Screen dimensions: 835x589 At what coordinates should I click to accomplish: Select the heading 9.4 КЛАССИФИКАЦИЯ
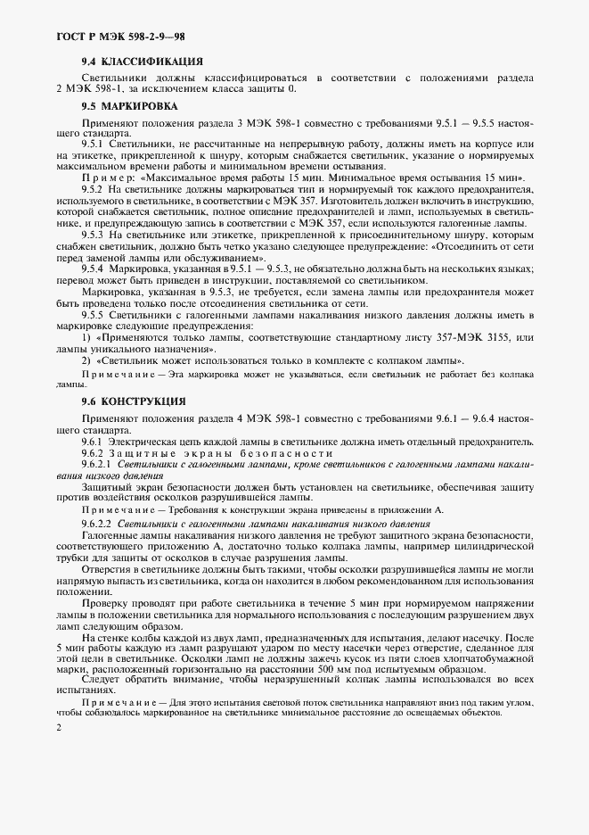click(142, 62)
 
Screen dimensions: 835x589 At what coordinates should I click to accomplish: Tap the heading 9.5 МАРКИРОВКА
click(130, 105)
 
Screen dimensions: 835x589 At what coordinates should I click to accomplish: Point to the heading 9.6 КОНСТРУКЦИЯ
click(133, 401)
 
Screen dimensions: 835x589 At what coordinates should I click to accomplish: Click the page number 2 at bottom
click(58, 729)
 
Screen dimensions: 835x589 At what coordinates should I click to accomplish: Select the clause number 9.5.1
click(93, 144)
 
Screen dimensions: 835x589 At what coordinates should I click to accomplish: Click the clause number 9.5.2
click(93, 191)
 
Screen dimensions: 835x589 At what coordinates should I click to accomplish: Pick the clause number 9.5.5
click(93, 316)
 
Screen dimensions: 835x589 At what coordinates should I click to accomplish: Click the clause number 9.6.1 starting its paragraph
click(93, 442)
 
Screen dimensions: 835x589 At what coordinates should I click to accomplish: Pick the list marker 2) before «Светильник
click(86, 360)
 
